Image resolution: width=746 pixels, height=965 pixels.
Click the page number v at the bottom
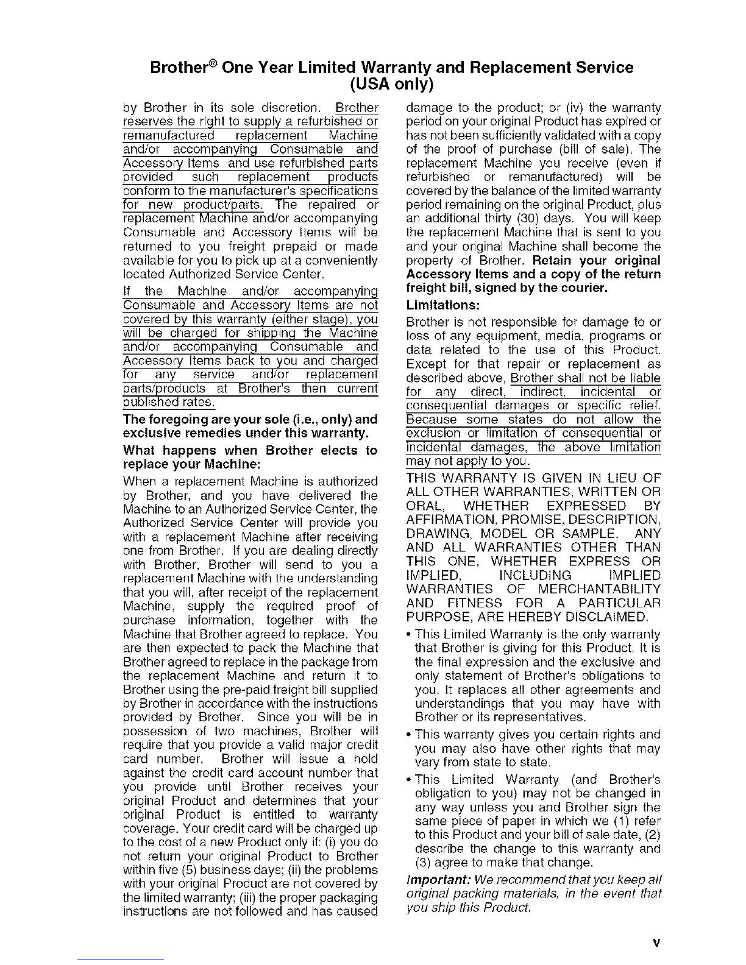pos(656,943)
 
